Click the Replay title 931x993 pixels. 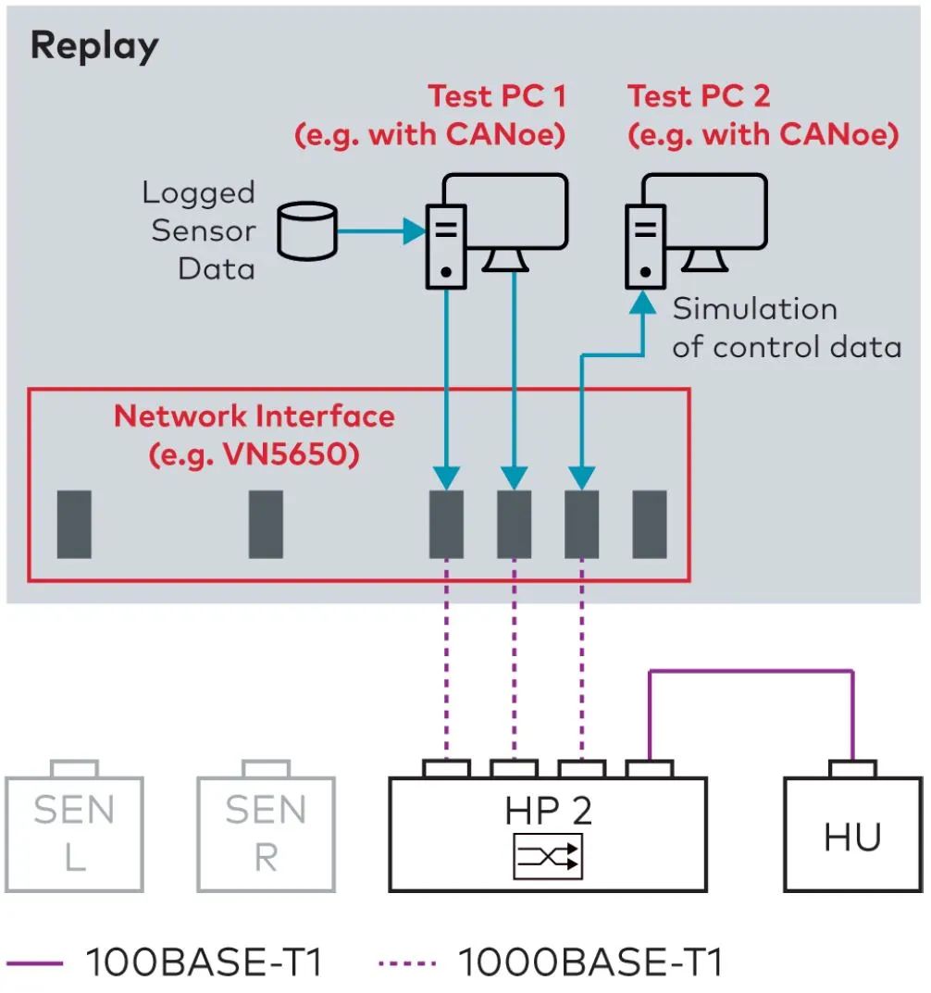click(94, 46)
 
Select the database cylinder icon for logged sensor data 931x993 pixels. click(308, 231)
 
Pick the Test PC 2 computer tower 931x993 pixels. click(646, 242)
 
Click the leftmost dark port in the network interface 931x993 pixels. click(74, 525)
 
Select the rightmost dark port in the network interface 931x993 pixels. click(649, 525)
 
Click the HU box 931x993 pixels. click(852, 837)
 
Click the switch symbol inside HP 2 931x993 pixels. click(548, 856)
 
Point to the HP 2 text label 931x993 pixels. click(548, 811)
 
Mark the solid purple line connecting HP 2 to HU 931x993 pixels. click(750, 672)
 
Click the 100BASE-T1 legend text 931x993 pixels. click(204, 963)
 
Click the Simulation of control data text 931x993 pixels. click(786, 328)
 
